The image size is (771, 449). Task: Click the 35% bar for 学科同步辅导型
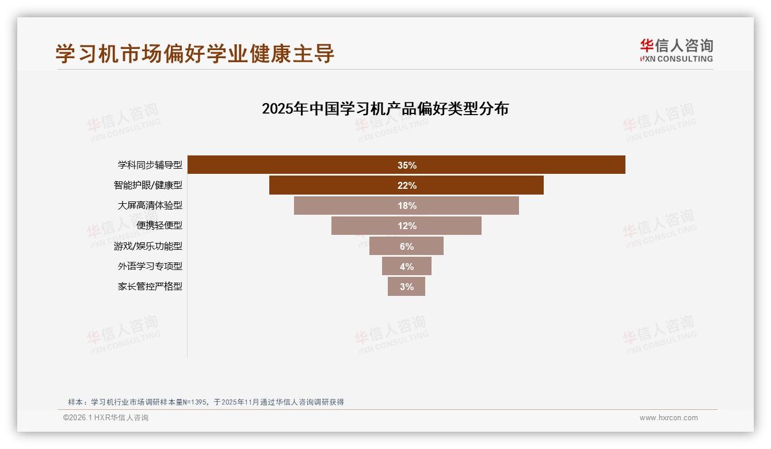(406, 165)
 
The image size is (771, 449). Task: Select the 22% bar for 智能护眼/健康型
(406, 185)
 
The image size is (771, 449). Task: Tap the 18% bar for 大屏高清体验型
(406, 206)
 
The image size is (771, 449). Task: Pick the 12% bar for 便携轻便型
(406, 226)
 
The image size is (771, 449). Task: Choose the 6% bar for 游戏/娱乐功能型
(406, 246)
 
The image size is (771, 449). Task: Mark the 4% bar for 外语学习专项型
(406, 266)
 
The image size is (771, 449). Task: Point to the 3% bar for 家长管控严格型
(406, 286)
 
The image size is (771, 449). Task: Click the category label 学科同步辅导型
(150, 165)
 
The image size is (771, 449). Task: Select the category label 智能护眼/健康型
(148, 185)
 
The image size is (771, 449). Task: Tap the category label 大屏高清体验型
(150, 206)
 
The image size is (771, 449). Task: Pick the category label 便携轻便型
(159, 226)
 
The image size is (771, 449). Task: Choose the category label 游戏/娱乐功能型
(148, 246)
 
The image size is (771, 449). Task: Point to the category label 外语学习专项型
(150, 267)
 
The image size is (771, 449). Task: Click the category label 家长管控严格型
(150, 287)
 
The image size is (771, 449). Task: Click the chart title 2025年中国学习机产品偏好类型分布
(385, 109)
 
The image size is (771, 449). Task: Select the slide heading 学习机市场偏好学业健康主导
(195, 54)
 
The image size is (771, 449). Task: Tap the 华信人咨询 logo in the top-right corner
(676, 50)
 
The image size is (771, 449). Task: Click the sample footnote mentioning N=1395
(205, 402)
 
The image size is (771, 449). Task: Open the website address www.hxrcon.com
(669, 418)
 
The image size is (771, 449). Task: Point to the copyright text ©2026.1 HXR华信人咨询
(106, 418)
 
